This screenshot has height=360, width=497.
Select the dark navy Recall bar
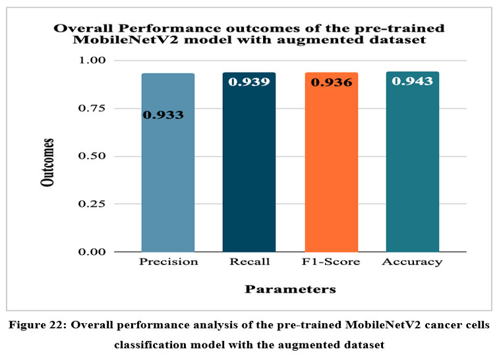pos(248,178)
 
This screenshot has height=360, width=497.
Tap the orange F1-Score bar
pos(331,178)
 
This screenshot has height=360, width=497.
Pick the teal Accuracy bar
pos(412,178)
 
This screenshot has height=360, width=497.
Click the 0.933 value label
pos(163,115)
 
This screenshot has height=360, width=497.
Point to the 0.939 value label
pos(248,82)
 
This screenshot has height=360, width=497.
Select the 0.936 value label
pos(331,82)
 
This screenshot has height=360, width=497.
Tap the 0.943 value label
pos(412,81)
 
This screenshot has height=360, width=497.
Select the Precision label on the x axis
pos(169,262)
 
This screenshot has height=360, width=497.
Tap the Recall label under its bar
pos(249,262)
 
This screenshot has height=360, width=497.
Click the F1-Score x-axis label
pos(332,262)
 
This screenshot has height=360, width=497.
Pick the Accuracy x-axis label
pos(413,262)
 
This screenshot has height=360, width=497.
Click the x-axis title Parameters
pos(290,289)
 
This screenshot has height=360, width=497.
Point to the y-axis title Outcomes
pos(48,161)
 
